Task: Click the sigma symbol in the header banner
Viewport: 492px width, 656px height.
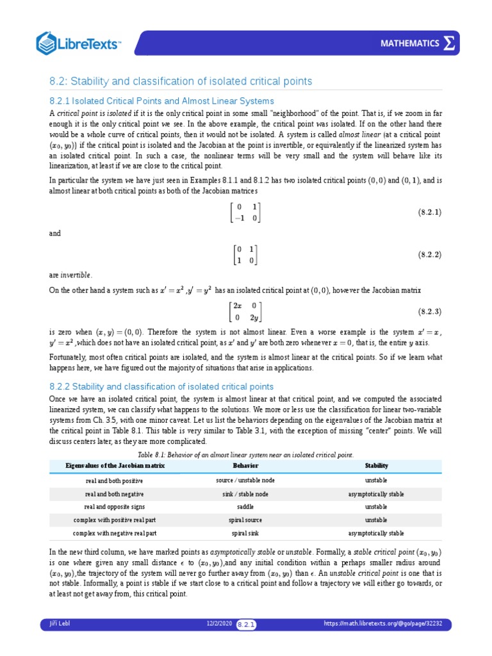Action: [450, 43]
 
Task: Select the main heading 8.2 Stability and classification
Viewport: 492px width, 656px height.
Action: [181, 81]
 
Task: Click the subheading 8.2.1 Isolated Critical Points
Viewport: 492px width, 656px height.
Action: [161, 101]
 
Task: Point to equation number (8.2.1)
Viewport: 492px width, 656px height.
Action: [430, 211]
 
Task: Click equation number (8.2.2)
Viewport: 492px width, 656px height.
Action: [430, 254]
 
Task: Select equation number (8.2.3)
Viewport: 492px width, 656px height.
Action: [430, 312]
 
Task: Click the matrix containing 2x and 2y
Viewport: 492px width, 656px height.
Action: [246, 312]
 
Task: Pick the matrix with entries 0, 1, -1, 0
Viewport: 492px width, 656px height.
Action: [246, 211]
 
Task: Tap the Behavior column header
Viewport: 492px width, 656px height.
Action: [245, 466]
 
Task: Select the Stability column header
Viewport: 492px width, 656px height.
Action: [376, 466]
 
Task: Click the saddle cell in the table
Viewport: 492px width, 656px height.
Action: [245, 507]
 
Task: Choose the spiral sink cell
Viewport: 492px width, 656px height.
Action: [245, 533]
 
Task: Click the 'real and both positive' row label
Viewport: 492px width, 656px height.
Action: [115, 480]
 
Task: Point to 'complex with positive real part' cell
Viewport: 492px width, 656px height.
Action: [115, 520]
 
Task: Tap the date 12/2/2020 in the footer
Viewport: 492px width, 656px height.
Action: [218, 623]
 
